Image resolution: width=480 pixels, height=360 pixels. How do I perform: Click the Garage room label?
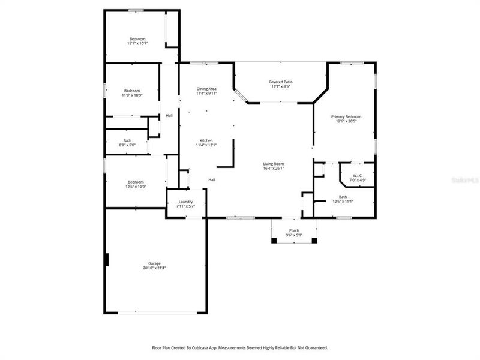(155, 263)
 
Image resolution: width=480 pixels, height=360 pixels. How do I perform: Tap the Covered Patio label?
(280, 82)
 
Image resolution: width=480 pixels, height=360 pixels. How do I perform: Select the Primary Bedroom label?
(346, 116)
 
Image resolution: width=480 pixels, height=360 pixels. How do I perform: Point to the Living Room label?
(273, 164)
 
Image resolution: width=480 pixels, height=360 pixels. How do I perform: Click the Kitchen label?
(206, 140)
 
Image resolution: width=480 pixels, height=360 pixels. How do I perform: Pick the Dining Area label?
(206, 89)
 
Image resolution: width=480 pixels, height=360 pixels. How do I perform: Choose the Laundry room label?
(185, 202)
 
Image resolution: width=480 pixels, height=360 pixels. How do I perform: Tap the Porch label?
(294, 230)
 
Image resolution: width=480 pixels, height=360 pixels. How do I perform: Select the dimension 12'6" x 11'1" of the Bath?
(343, 201)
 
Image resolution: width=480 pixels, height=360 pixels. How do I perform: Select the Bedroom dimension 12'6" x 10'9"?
(136, 187)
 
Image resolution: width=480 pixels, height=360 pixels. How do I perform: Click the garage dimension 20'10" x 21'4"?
(155, 268)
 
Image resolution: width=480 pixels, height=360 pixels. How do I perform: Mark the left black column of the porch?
(274, 241)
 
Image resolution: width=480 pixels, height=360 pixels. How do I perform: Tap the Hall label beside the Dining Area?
(169, 116)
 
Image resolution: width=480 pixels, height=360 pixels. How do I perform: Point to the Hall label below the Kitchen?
(211, 180)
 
